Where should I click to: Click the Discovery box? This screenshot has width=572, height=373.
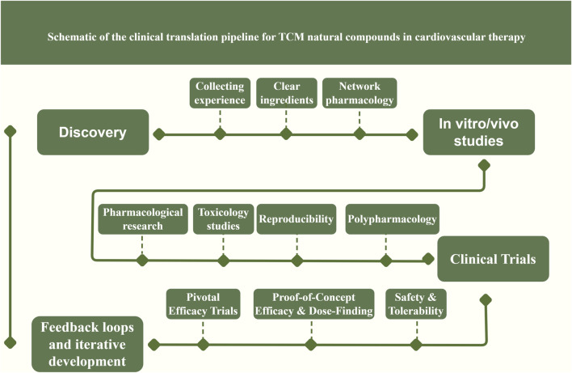coord(93,132)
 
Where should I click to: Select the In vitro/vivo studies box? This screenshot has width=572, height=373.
coord(478,132)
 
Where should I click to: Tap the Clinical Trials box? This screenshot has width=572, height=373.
coord(493,259)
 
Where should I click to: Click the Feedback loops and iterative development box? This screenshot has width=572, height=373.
coord(87,344)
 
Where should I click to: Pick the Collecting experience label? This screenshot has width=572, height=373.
coord(220,93)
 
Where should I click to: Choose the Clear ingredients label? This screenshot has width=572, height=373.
coord(287,93)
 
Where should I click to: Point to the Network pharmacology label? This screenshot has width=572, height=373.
coord(360,93)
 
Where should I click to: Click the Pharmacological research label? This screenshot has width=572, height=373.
coord(143,219)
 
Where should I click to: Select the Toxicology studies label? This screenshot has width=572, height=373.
coord(223,219)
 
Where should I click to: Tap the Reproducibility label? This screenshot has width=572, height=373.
coord(297,219)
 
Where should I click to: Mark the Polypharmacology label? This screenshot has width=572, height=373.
coord(392,219)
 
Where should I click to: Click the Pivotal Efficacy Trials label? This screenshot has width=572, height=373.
coord(204,304)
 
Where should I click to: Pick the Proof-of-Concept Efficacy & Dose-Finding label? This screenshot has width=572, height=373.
coord(313,304)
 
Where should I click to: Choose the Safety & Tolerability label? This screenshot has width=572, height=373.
coord(416,304)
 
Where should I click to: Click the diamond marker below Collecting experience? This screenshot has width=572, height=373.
coord(220,134)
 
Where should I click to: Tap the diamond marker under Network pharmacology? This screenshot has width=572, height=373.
coord(360,134)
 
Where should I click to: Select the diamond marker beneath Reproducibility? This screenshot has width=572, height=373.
coord(297,261)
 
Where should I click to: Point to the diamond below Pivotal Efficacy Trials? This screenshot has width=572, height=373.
coord(204,344)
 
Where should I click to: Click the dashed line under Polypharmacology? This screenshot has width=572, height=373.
coord(386,244)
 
